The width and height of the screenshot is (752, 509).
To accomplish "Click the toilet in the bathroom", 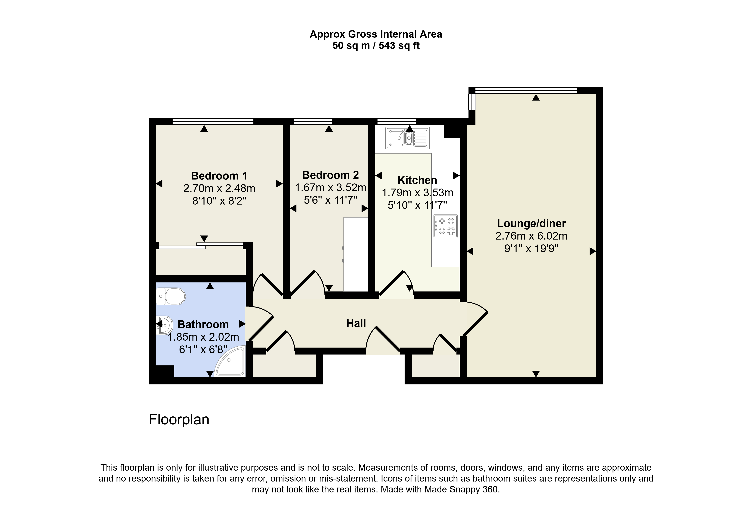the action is tap(171, 296).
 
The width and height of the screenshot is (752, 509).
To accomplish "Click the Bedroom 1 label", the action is tap(219, 176).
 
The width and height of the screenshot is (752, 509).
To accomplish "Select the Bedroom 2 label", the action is tap(330, 175).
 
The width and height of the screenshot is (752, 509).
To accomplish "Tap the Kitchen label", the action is tap(417, 180).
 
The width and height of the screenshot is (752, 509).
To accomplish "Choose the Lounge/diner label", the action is tap(531, 223).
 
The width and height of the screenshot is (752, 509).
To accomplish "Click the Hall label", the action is tap(356, 323).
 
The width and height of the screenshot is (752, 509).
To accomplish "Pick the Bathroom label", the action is tap(203, 324).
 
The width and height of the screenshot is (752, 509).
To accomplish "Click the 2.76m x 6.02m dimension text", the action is tap(531, 236).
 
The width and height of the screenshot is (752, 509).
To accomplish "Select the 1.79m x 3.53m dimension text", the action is tap(417, 193).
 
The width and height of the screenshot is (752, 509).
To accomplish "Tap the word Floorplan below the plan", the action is tap(179, 420).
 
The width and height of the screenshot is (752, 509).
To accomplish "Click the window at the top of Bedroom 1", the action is tap(213, 121).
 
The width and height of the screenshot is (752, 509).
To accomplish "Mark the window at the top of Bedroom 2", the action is tap(313, 121).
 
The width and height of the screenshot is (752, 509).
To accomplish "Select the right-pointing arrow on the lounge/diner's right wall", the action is tap(593, 251).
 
